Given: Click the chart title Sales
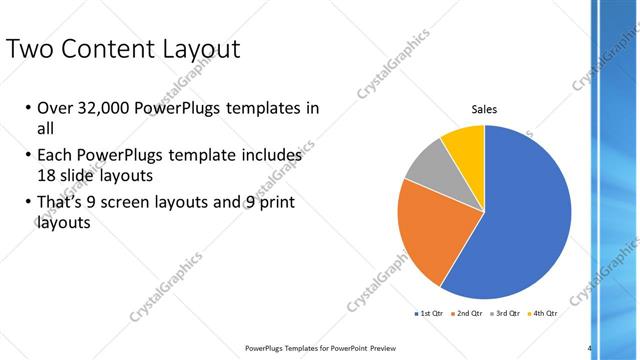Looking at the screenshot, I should [484, 110].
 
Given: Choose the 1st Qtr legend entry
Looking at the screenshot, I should [432, 313].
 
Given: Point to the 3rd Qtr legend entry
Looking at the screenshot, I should [507, 313].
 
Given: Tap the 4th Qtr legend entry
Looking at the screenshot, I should [544, 313].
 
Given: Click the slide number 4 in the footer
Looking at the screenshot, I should [590, 348].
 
